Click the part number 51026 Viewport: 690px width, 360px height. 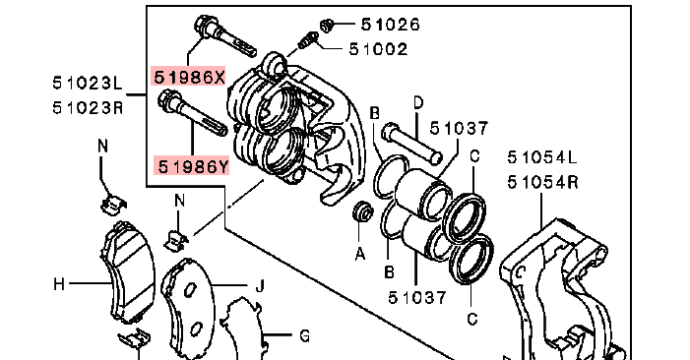(x=391, y=25)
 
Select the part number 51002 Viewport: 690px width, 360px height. (x=378, y=49)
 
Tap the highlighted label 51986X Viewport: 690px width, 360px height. (x=189, y=77)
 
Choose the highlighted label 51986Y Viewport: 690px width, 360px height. (x=192, y=166)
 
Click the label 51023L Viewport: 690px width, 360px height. (x=88, y=83)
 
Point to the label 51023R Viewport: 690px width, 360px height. (x=88, y=107)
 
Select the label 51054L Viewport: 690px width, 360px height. (x=542, y=157)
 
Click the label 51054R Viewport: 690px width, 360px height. (x=542, y=182)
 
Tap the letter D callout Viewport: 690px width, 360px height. (x=418, y=103)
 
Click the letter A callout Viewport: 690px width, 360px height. (x=360, y=254)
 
